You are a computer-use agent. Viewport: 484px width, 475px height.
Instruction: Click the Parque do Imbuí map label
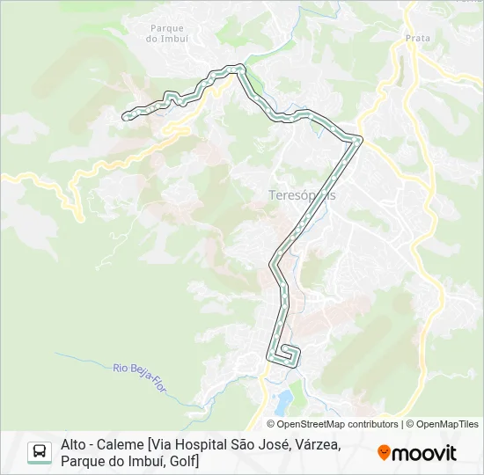click(x=166, y=33)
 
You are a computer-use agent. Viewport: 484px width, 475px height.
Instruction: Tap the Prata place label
click(x=417, y=38)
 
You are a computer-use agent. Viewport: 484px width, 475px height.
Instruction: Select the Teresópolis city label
click(x=301, y=194)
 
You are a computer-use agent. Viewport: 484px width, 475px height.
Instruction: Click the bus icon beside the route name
click(x=40, y=452)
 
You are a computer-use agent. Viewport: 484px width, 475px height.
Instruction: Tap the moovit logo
click(x=417, y=453)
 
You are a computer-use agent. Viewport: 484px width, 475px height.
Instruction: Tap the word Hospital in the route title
click(x=204, y=445)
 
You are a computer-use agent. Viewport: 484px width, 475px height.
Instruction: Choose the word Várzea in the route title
click(x=316, y=445)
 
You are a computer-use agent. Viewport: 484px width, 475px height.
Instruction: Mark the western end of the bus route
click(x=125, y=113)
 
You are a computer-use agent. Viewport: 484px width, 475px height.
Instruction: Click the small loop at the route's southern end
click(x=287, y=354)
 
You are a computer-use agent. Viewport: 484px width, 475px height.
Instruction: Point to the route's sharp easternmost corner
click(x=359, y=138)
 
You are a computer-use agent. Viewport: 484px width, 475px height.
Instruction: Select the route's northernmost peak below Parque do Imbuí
click(x=236, y=66)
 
